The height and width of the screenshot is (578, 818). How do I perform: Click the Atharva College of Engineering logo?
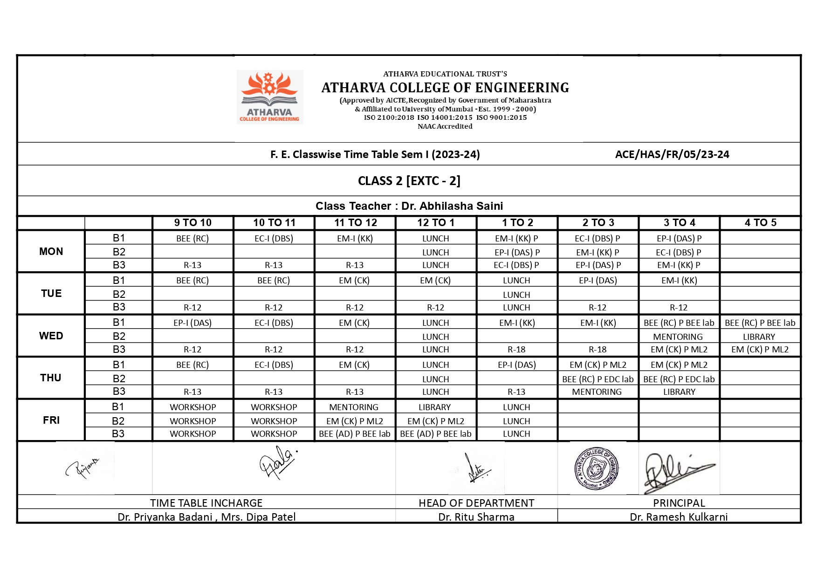[270, 97]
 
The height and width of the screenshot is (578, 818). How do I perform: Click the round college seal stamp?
[597, 468]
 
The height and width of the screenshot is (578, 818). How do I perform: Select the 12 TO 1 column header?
[436, 223]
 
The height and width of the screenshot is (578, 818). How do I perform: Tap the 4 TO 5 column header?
[760, 223]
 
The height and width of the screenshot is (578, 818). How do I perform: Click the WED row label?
[51, 336]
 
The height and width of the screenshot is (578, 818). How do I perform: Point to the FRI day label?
[51, 420]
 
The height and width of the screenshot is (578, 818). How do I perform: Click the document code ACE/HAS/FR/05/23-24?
[672, 155]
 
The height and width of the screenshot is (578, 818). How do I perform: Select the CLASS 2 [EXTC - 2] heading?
[409, 181]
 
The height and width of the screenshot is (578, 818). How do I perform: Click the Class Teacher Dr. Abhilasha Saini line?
[409, 206]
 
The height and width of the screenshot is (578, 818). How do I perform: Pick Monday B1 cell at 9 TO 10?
[192, 239]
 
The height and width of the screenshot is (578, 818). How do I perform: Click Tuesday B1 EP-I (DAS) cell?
[598, 281]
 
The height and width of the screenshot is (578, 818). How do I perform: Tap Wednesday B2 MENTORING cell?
[678, 337]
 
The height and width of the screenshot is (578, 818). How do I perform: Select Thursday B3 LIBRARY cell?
[679, 392]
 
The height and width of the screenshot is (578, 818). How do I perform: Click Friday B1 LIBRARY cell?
[434, 407]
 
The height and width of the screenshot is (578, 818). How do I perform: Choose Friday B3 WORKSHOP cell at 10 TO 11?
[274, 434]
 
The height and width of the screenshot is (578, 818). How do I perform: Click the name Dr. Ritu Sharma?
[476, 517]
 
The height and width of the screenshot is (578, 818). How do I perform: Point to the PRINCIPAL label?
[679, 503]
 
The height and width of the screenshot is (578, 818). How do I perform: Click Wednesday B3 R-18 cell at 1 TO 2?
[516, 350]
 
